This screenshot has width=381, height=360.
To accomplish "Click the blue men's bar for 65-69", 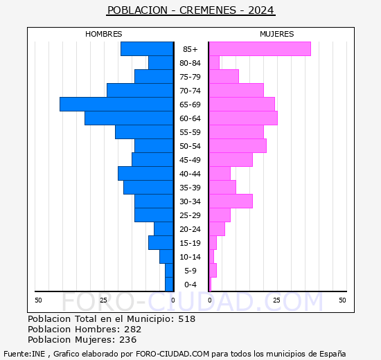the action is (116, 105).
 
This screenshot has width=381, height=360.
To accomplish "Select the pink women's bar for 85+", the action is (260, 49).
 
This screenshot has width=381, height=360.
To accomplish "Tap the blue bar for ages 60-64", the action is (129, 118).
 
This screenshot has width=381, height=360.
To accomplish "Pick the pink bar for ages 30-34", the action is (231, 201).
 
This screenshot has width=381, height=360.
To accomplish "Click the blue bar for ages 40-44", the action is (145, 174).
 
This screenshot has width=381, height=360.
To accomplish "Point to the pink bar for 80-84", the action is (215, 63).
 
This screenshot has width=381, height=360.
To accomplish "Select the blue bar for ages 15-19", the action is (161, 243).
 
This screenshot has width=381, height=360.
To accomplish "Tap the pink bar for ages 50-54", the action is (238, 146).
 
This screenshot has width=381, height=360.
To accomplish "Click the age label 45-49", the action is (190, 160).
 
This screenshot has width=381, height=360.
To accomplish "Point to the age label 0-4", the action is (190, 285).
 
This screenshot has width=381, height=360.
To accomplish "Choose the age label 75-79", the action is (190, 77).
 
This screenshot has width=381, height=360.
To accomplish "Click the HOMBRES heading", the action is (104, 34).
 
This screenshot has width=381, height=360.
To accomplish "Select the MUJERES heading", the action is (277, 34).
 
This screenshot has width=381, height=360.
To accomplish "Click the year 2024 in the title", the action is (261, 10).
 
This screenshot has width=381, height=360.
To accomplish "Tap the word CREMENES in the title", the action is (208, 10).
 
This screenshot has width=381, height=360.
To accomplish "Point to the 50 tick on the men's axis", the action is (38, 300).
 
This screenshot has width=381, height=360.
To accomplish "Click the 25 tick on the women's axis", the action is (276, 300).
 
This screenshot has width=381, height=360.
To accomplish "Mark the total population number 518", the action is (187, 319).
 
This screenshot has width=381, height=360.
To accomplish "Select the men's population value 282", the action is (133, 330).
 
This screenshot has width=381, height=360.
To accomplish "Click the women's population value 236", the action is (128, 340).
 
